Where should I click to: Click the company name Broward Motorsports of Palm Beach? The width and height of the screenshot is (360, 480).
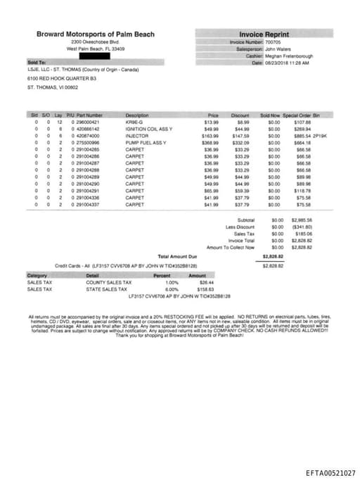(95, 34)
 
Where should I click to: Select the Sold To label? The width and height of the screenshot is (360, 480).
(37, 63)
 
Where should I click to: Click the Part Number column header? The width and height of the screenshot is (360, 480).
(89, 115)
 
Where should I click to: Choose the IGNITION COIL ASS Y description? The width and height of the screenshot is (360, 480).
(148, 129)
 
